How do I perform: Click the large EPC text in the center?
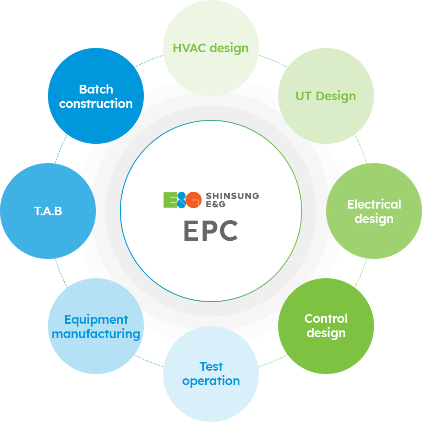pyautogui.click(x=211, y=231)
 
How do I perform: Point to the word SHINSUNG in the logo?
pyautogui.click(x=232, y=196)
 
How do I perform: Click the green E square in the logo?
pyautogui.click(x=170, y=199)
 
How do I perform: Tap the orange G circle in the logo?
pyautogui.click(x=193, y=200)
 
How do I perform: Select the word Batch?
pyautogui.click(x=96, y=89)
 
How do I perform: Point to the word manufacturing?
pyautogui.click(x=96, y=334)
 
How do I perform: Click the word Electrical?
pyautogui.click(x=374, y=204)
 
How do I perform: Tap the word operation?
pyautogui.click(x=211, y=381)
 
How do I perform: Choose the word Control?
pyautogui.click(x=326, y=318)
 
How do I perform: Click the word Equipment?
pyautogui.click(x=96, y=320)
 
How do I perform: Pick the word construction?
pyautogui.click(x=96, y=104)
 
